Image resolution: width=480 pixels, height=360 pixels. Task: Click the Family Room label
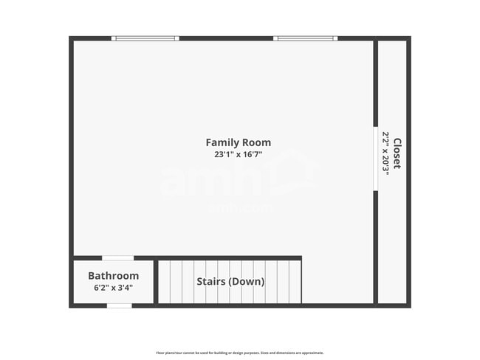238,142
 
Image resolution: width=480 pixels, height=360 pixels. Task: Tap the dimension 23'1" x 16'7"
238,155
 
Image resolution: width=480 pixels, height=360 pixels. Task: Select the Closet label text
397,153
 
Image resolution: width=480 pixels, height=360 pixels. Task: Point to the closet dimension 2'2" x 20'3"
385,152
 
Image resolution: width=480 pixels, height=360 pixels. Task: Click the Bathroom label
113,276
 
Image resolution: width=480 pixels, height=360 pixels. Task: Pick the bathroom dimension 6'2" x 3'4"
113,288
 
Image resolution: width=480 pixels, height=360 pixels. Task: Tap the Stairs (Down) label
230,281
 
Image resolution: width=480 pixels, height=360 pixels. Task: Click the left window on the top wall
145,38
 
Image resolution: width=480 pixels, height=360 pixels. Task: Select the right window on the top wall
305,38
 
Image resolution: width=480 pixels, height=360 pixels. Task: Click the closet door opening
375,159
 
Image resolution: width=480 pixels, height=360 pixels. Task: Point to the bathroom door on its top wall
117,257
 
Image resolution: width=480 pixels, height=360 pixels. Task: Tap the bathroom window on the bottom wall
120,305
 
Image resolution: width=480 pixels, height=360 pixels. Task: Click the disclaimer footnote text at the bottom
239,353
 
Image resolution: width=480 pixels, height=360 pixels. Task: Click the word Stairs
210,281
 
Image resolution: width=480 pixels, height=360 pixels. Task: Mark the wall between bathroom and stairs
155,281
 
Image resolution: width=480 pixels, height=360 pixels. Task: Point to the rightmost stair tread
295,281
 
